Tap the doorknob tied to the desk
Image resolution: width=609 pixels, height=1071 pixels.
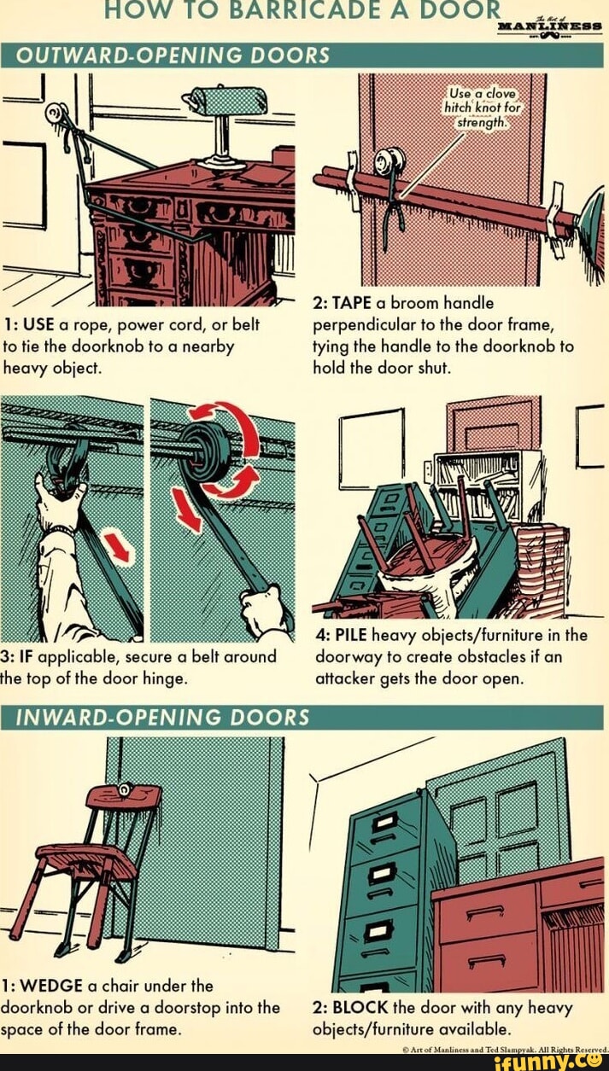57,113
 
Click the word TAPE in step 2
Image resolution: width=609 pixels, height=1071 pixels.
350,302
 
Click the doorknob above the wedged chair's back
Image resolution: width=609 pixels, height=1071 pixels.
126,791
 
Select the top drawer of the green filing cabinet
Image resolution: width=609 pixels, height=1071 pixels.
385,824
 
